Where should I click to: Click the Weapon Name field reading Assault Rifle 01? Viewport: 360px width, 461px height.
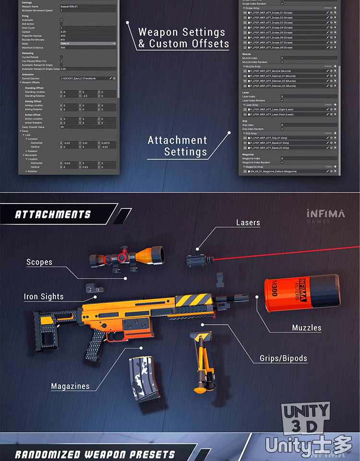point(87,6)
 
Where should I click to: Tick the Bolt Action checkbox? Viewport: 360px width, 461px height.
point(61,24)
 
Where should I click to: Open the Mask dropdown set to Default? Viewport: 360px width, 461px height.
point(87,43)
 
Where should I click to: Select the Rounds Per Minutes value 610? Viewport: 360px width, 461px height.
point(87,39)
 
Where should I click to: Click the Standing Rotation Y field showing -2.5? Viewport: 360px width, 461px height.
point(89,96)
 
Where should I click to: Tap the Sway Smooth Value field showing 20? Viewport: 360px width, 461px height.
point(87,127)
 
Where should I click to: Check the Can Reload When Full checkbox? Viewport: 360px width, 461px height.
point(61,61)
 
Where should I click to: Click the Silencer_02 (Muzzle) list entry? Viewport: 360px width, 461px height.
point(272,81)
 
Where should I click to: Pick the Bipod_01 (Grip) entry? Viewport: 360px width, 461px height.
point(269,143)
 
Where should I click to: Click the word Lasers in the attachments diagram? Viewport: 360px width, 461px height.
point(248,223)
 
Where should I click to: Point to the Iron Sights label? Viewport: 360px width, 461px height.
point(44,297)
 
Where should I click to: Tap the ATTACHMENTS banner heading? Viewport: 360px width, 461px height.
point(53,214)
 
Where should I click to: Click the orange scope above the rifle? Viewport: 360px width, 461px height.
point(127,257)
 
